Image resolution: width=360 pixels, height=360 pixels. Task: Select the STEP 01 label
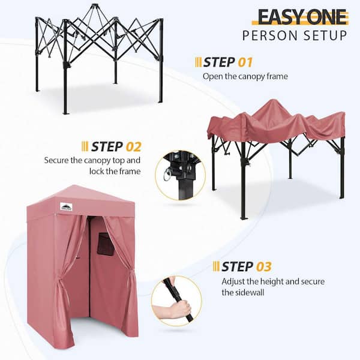(228, 62)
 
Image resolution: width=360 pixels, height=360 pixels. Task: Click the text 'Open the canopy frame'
(245, 76)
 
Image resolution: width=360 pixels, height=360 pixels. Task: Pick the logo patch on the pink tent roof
(66, 206)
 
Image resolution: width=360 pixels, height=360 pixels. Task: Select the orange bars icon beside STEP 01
(198, 62)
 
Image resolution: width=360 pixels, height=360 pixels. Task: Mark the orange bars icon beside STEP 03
(216, 266)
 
